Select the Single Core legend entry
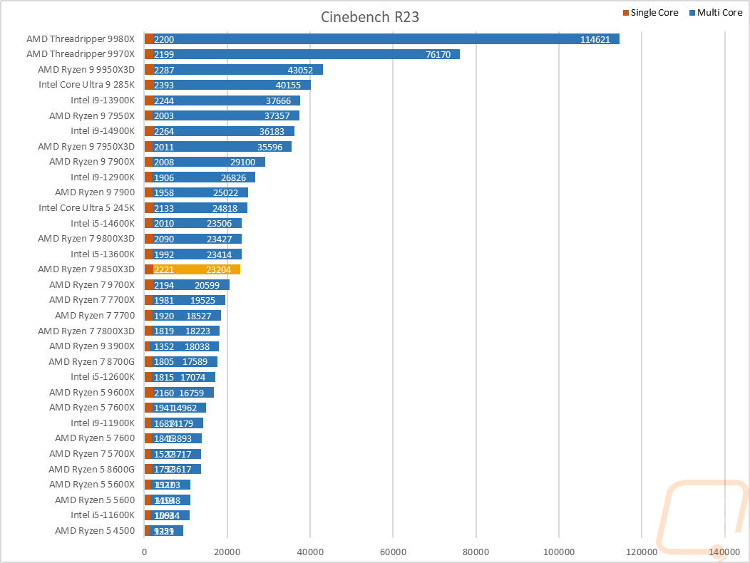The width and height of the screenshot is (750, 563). (654, 12)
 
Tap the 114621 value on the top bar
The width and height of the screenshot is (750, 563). (595, 39)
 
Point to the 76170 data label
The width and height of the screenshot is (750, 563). (438, 54)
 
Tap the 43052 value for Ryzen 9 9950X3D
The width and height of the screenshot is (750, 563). (301, 70)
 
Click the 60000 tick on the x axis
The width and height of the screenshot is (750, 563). (393, 551)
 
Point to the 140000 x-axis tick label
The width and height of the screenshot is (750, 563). (724, 551)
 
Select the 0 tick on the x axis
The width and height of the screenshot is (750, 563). (145, 551)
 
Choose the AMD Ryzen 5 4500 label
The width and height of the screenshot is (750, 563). (94, 531)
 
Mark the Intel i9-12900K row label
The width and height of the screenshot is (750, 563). (102, 177)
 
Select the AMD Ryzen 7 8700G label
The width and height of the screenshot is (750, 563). (91, 361)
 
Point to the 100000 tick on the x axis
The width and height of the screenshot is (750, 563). (558, 551)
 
